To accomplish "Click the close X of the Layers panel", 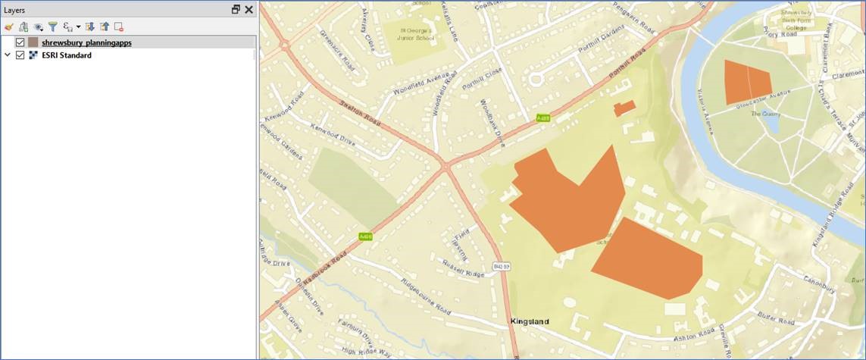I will pos(249,10).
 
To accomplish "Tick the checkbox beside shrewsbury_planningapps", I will pos(20,42).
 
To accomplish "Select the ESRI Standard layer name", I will pos(67,55).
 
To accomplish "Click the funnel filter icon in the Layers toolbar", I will pos(53,27).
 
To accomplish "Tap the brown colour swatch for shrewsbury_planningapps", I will pos(33,42).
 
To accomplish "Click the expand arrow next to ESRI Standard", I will pos(8,55).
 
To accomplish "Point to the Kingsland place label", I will pos(530,321).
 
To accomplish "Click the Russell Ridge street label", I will pos(464,268).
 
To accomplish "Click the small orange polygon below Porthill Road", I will pos(624,108).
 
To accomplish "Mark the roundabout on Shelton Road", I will pos(286,44).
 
